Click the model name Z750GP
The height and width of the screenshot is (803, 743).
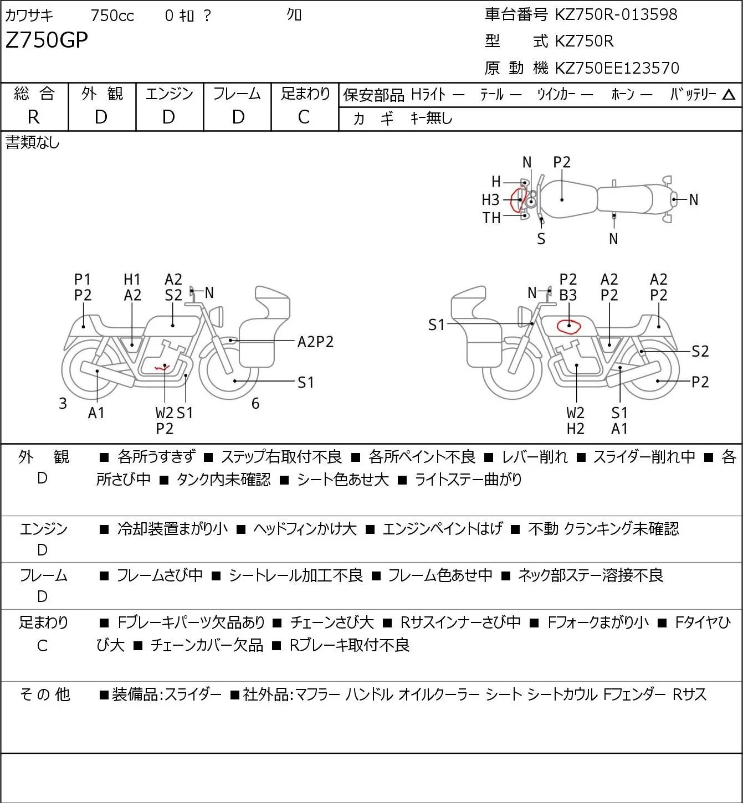tap(47, 40)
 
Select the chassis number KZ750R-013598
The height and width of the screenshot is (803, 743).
tap(616, 14)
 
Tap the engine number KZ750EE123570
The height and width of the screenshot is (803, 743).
tap(617, 68)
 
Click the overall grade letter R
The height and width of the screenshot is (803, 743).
tap(34, 117)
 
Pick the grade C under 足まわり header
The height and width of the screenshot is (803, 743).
tap(304, 117)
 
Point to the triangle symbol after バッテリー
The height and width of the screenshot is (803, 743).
tap(729, 95)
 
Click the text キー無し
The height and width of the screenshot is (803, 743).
tap(432, 119)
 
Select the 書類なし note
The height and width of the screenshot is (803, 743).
tap(32, 143)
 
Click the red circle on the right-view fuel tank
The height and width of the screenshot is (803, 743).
tap(568, 326)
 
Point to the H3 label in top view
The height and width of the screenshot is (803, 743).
tap(490, 200)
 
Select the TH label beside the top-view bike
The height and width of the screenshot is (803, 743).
tap(491, 218)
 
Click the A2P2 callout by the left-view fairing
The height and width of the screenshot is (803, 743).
tap(315, 342)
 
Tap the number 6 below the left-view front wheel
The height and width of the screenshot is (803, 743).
tap(255, 403)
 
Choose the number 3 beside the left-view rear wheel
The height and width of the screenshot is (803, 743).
tap(63, 403)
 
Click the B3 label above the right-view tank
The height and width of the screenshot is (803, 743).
tap(568, 295)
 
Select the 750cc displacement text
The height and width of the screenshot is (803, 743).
tap(112, 16)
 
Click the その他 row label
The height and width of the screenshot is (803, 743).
tap(44, 694)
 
